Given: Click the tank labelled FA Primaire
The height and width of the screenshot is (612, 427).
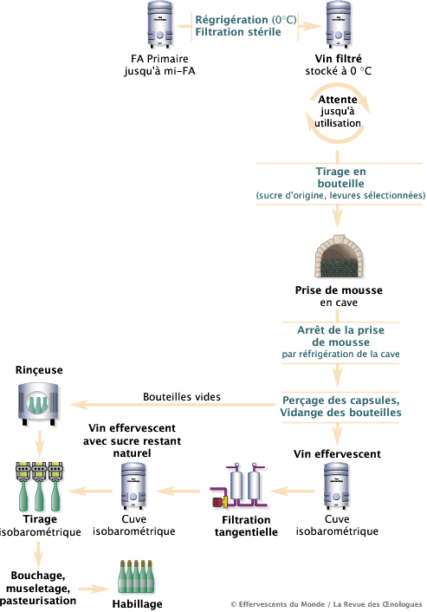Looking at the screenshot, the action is pyautogui.click(x=160, y=24).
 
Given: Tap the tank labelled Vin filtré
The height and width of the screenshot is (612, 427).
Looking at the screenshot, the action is pyautogui.click(x=339, y=24).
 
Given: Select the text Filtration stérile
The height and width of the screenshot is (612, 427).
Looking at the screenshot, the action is pyautogui.click(x=238, y=32).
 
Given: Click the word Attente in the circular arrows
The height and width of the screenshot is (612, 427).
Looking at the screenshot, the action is pyautogui.click(x=338, y=100).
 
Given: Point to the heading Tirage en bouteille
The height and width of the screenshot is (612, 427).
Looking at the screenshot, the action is pyautogui.click(x=340, y=178).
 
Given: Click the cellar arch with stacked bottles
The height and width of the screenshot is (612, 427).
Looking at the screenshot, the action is pyautogui.click(x=339, y=256).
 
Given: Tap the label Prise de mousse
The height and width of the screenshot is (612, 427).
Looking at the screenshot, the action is pyautogui.click(x=339, y=290).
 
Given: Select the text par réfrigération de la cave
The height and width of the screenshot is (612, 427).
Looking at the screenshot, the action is pyautogui.click(x=340, y=354).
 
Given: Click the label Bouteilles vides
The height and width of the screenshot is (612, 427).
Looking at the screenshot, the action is pyautogui.click(x=182, y=397).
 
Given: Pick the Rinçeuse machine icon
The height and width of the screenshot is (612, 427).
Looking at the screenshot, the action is pyautogui.click(x=38, y=404).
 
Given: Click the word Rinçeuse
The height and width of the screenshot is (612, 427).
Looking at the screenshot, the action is pyautogui.click(x=39, y=370).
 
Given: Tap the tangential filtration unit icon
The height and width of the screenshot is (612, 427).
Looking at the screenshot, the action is pyautogui.click(x=239, y=485).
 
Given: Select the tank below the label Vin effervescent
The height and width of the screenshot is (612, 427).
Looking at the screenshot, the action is pyautogui.click(x=337, y=486).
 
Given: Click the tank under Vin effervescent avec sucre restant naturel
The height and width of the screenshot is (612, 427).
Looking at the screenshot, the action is pyautogui.click(x=133, y=486).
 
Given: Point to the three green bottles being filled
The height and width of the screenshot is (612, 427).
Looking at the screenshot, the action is pyautogui.click(x=39, y=486).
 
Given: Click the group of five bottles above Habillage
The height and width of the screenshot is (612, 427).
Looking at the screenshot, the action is pyautogui.click(x=137, y=576).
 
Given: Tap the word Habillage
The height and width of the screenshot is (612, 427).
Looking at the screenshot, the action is pyautogui.click(x=137, y=604).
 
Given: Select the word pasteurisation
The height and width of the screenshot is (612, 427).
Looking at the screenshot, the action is pyautogui.click(x=38, y=600).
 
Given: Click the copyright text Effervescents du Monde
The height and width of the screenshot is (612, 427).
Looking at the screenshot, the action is pyautogui.click(x=281, y=604).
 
